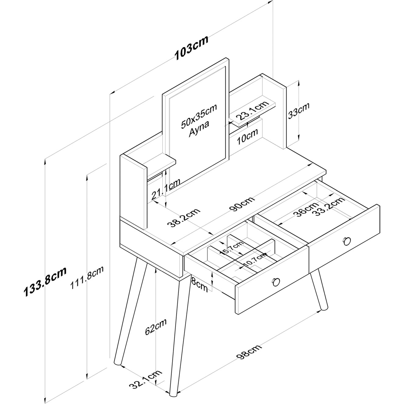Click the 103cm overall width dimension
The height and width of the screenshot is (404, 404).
[x=192, y=48]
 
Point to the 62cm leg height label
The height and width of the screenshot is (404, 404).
[x=156, y=331]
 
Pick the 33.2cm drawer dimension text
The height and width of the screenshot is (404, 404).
[x=330, y=206]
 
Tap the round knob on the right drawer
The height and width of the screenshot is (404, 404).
[x=347, y=241]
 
